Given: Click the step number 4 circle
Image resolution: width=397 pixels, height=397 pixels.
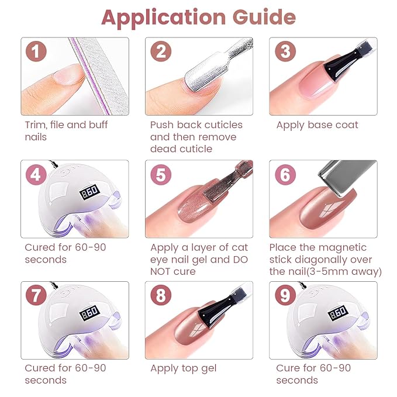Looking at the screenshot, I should pyautogui.click(x=36, y=174).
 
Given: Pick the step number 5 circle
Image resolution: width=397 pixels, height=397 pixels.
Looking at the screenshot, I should pyautogui.click(x=161, y=174).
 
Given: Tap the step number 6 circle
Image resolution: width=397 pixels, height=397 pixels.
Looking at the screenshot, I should pyautogui.click(x=285, y=174).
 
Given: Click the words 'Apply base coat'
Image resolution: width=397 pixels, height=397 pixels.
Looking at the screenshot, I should pyautogui.click(x=317, y=125).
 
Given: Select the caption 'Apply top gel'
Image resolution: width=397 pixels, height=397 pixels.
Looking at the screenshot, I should pyautogui.click(x=183, y=368).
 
